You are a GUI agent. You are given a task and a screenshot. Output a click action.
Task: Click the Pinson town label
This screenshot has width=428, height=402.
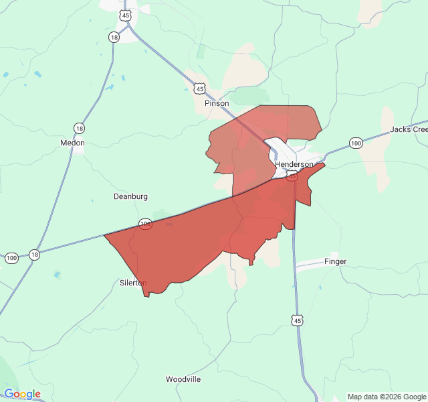pyautogui.click(x=217, y=103)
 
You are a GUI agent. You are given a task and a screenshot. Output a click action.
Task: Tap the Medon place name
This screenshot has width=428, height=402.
pyautogui.click(x=72, y=143)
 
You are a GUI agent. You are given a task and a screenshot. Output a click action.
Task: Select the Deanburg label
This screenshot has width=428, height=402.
pyautogui.click(x=130, y=196)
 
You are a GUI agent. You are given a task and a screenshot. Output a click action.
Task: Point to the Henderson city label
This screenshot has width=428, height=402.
pyautogui.click(x=294, y=164)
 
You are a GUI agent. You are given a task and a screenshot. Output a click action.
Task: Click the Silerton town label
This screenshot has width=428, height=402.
pyautogui.click(x=132, y=283)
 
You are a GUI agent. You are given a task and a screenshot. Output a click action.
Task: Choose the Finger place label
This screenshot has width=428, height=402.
pyautogui.click(x=335, y=261)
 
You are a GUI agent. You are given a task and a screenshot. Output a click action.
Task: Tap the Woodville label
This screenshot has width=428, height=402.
pyautogui.click(x=183, y=379)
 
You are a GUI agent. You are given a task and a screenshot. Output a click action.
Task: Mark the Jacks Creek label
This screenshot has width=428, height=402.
pyautogui.click(x=409, y=129)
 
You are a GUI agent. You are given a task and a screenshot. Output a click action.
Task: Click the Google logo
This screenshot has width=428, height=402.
pyautogui.click(x=22, y=394)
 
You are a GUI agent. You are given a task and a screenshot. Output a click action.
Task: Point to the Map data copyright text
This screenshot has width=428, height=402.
pyautogui.click(x=387, y=397)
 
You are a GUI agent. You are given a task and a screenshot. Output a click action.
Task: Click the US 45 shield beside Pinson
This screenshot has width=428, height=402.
pyautogui.click(x=199, y=88)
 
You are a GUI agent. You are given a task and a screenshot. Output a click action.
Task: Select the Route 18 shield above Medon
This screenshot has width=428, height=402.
pyautogui.click(x=80, y=128)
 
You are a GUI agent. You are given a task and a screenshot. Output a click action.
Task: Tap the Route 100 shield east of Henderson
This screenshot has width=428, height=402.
pyautogui.click(x=356, y=143)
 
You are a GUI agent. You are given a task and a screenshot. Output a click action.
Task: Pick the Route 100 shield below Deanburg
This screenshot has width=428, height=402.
pyautogui.click(x=145, y=223)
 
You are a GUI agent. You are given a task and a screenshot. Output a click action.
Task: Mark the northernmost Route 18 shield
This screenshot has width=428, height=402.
pyautogui.click(x=114, y=38)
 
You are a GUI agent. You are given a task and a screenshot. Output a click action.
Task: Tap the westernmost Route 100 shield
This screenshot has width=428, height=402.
pyautogui.click(x=11, y=258)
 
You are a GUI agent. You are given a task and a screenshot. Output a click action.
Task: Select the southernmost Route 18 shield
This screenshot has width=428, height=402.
pyautogui.click(x=34, y=255)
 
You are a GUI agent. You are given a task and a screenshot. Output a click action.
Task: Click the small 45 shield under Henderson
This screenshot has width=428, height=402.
pyautogui.click(x=292, y=176)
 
